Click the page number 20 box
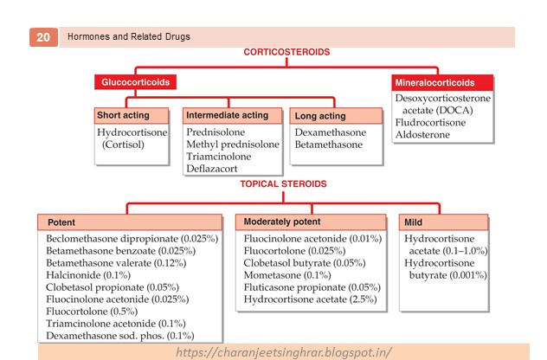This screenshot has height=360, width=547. point(42,37)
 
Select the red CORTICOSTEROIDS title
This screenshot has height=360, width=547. point(286,52)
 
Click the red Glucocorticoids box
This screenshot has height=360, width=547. point(132,83)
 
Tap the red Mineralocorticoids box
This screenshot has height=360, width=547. point(443,83)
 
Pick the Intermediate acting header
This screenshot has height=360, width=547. point(233,115)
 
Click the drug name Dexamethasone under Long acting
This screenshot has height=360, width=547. point(331,132)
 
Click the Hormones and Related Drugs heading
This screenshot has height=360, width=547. point(130,37)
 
